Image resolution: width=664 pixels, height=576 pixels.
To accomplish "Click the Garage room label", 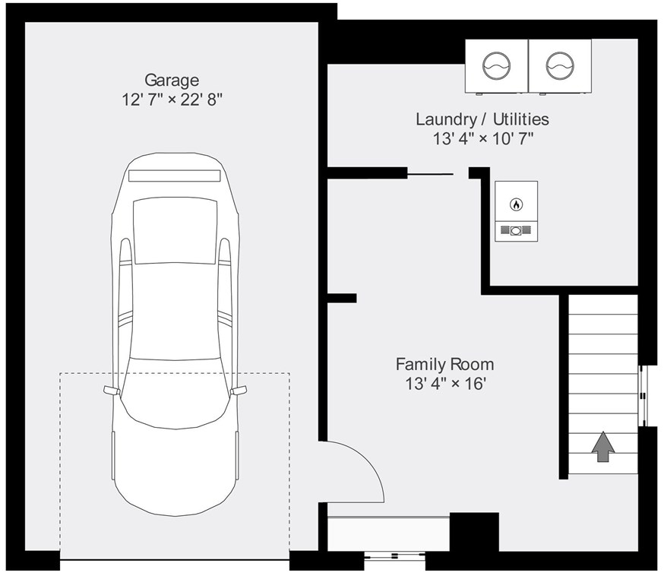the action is pos(172,80).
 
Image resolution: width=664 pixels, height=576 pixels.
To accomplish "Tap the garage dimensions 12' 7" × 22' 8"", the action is pos(172,100).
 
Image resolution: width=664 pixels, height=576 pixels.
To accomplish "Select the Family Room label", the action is pos(444,364).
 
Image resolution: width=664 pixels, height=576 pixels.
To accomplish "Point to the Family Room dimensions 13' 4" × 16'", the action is pos(445,384).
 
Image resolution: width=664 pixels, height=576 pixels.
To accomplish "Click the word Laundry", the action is pos(446,119).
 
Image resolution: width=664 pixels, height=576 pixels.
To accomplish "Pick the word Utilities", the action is pos(521,119).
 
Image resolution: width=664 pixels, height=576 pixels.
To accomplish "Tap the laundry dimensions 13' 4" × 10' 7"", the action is pos(482,138).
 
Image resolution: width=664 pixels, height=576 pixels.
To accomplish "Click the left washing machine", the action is pos(496,66).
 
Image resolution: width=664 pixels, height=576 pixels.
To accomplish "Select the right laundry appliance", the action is pos(560,66).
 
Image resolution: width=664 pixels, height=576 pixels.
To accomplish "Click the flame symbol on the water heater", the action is pos(516,204).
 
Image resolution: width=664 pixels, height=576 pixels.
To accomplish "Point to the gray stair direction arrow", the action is pos(603,447).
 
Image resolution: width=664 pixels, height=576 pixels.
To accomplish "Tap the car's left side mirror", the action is pos(112,390).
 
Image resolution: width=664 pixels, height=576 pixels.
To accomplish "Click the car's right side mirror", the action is pos(239,390).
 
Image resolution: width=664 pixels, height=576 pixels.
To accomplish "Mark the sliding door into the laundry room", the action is pos(430,174).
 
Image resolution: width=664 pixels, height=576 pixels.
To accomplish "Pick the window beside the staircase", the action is pos(643,396).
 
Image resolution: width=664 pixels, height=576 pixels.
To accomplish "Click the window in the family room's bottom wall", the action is pos(394,555).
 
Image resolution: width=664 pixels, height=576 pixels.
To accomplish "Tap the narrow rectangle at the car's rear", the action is pos(175,176).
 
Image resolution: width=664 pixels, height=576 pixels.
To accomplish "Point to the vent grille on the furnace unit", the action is pos(516,230).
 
